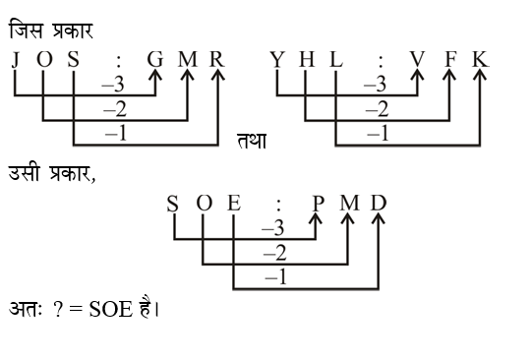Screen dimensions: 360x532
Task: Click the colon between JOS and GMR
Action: coord(121,60)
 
